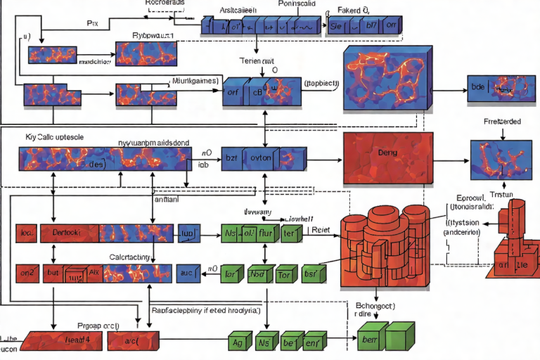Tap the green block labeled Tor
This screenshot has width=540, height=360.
click(x=283, y=275)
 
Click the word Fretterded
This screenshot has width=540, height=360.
click(x=502, y=121)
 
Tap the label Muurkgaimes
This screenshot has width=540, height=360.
click(x=195, y=81)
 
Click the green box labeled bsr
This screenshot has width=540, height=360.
click(x=309, y=275)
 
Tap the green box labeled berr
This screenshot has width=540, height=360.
click(x=367, y=341)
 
